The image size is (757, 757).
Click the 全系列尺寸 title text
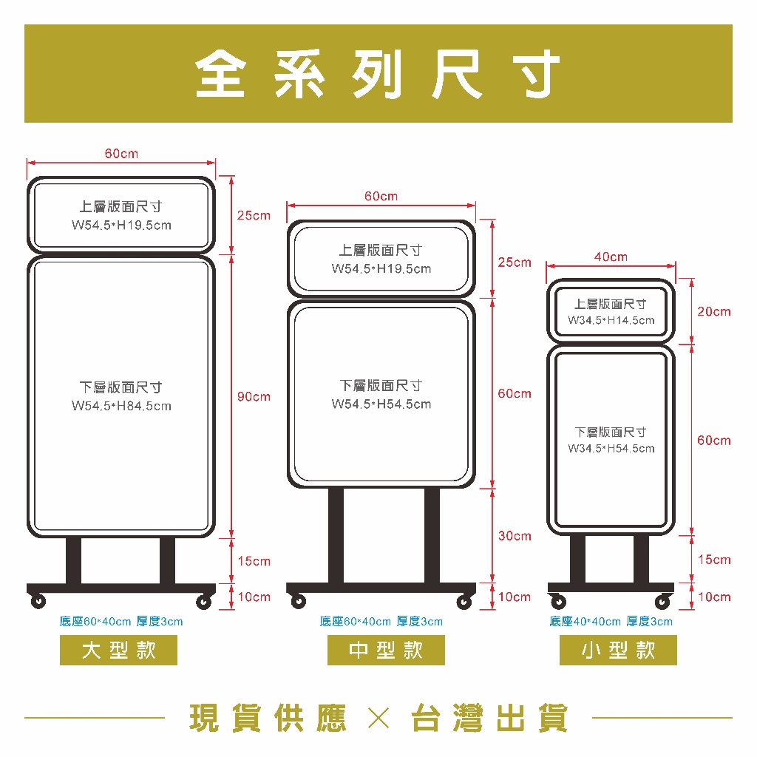click(378, 74)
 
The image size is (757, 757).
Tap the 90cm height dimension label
click(254, 397)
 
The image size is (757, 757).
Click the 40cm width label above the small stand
click(611, 257)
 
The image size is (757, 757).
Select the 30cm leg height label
click(515, 536)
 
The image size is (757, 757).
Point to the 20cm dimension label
click(714, 311)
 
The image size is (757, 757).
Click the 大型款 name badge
click(118, 650)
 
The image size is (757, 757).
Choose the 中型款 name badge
click(386, 650)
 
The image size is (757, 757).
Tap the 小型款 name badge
click(618, 650)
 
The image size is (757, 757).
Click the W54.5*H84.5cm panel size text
click(121, 406)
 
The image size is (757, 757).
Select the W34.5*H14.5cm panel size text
click(611, 320)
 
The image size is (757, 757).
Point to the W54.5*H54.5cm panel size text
click(381, 404)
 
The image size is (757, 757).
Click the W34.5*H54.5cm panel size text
click(611, 449)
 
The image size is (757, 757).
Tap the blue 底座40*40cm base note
click(611, 621)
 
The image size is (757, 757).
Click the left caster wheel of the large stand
click(38, 601)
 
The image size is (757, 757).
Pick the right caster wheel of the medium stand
click(464, 602)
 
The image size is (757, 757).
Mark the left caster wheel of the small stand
click(559, 602)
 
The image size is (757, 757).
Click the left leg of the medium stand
click(336, 535)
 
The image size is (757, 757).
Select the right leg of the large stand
click(168, 560)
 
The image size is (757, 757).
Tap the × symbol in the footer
click(378, 718)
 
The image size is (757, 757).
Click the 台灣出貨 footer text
click(489, 718)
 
